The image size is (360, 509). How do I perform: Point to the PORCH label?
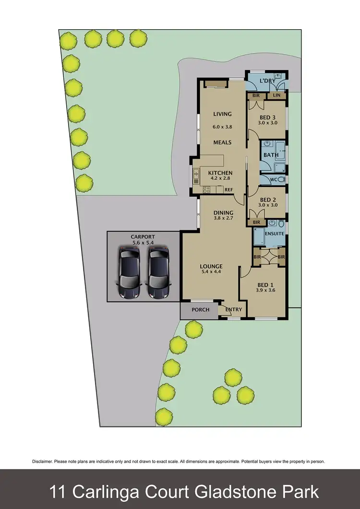pyautogui.click(x=201, y=309)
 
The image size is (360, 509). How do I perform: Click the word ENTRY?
pyautogui.click(x=234, y=309)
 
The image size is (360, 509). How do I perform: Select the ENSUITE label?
pyautogui.click(x=275, y=234)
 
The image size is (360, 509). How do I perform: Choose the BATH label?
pyautogui.click(x=271, y=155)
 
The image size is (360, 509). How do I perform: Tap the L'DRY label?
pyautogui.click(x=267, y=81)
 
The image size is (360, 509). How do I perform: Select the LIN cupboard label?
pyautogui.click(x=277, y=96)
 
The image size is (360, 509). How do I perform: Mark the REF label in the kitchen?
pyautogui.click(x=228, y=189)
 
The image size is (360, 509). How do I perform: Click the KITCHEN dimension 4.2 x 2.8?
pyautogui.click(x=220, y=178)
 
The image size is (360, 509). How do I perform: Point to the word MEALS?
pyautogui.click(x=222, y=142)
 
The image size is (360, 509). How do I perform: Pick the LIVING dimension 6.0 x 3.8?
pyautogui.click(x=222, y=127)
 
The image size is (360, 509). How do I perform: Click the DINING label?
pyautogui.click(x=223, y=213)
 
